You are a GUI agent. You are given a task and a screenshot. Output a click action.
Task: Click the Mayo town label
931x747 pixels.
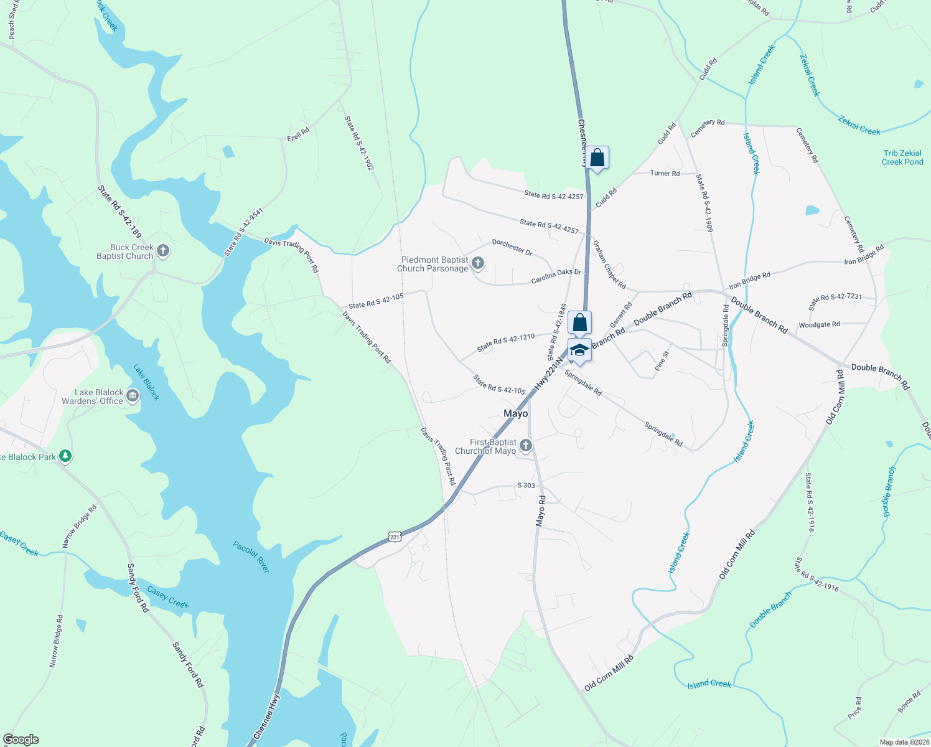515,413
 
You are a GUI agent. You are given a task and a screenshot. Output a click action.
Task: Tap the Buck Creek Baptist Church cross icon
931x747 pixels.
163,251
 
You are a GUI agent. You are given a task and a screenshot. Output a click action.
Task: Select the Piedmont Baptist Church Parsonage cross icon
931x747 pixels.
478,263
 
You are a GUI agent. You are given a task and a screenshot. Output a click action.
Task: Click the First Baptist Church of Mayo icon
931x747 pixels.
526,446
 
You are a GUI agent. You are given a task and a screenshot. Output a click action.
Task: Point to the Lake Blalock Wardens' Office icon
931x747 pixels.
133,396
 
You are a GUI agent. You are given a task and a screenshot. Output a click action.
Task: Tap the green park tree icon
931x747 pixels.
65,456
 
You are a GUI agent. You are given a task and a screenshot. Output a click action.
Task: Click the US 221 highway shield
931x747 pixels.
394,536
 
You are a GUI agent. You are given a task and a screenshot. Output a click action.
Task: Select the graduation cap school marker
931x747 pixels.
579,350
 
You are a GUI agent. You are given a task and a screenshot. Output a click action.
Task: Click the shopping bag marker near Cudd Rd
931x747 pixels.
597,158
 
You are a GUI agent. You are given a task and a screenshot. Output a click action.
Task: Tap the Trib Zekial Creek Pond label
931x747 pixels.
902,157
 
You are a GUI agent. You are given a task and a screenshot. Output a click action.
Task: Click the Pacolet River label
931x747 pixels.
251,557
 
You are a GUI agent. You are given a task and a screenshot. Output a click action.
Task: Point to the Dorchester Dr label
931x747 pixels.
512,247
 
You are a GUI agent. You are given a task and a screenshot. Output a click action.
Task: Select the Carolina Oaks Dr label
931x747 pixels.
556,276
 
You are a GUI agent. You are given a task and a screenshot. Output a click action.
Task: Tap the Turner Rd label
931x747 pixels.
665,173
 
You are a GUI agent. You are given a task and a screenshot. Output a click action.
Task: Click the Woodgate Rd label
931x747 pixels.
819,324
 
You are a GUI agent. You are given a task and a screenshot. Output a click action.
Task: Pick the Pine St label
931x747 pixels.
662,362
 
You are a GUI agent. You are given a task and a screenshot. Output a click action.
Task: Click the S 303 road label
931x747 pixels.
526,485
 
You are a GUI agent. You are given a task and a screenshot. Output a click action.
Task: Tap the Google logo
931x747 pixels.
21,740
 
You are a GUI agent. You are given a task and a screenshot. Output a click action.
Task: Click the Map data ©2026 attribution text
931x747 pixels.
904,742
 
